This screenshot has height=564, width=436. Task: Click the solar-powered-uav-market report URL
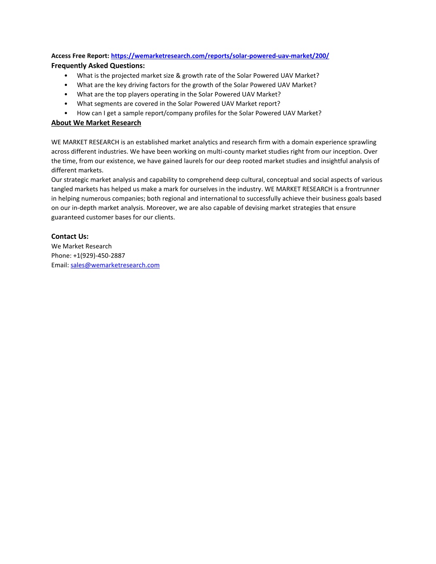tap(220, 56)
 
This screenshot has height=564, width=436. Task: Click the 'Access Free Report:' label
tap(80, 56)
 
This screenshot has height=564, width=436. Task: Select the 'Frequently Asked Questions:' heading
tap(98, 66)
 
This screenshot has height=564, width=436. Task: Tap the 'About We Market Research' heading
tap(96, 123)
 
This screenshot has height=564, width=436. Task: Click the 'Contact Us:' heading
tap(70, 236)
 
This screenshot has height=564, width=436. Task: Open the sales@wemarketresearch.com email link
tap(115, 265)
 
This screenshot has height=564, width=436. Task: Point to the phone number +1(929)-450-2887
tap(99, 255)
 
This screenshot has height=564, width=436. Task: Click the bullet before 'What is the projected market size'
tap(66, 76)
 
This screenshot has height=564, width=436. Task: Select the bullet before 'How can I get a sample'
tap(66, 113)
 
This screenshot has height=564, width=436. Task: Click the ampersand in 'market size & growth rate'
tap(178, 75)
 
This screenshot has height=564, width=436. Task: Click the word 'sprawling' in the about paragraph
tap(362, 142)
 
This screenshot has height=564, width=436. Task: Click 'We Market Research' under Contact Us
tap(81, 246)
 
